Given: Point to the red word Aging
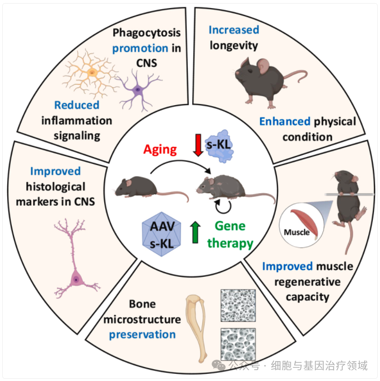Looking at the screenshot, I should (161, 149).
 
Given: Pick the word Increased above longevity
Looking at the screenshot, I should (234, 30).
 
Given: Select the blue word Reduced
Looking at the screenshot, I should (77, 105).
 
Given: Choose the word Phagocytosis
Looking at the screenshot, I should (147, 33).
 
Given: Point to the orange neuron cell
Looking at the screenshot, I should (92, 72).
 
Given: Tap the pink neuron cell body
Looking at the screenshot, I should (76, 280).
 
